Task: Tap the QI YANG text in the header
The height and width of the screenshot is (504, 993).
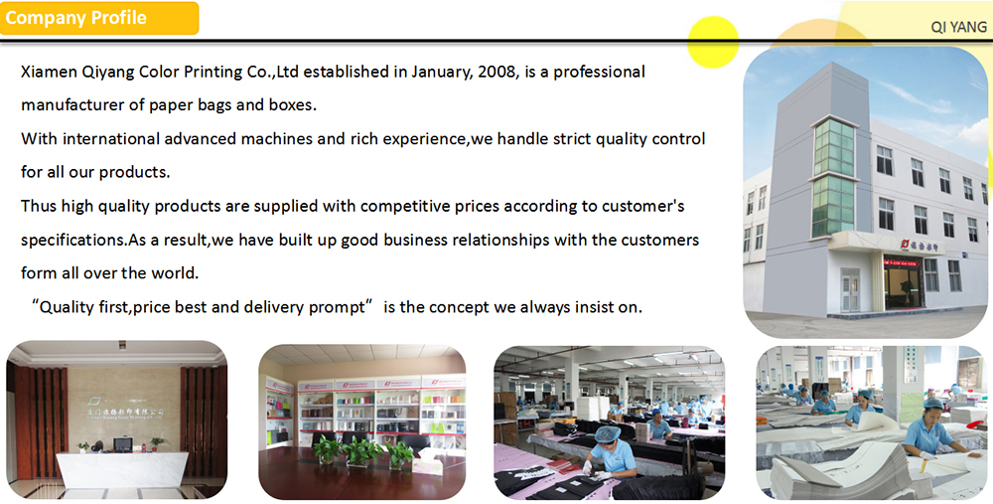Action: coord(958,27)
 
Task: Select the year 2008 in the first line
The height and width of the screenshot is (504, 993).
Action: coord(497,72)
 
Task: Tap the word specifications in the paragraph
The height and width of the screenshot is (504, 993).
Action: coord(72,241)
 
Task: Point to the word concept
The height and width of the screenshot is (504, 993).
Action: coord(459,307)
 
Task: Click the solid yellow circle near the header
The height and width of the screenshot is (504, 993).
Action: coord(713,42)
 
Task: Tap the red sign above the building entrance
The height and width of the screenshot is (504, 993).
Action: coord(902,261)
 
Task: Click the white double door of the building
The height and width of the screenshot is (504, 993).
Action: coord(849,289)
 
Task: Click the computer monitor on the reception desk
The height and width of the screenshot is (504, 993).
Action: coord(122,443)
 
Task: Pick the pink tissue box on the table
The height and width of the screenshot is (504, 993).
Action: coord(427,464)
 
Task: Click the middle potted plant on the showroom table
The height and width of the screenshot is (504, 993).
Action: coord(362,451)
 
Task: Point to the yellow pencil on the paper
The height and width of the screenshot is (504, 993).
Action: coord(922,468)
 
